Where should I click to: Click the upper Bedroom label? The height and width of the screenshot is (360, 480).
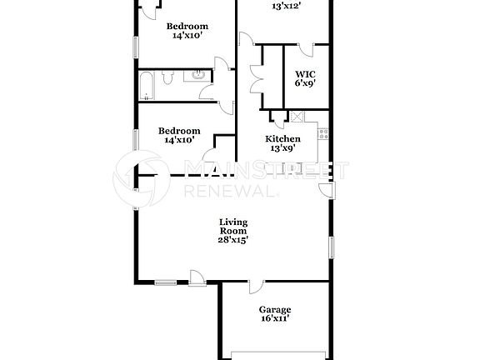189,26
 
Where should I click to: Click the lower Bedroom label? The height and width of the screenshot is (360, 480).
180,131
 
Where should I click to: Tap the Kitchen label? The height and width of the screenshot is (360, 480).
282,138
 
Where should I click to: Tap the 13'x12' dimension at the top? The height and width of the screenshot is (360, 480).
287,6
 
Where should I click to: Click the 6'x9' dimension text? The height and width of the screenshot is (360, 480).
304,83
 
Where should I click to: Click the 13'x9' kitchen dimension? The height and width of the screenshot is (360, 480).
282,148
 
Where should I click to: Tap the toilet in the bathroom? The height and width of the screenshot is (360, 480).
167,77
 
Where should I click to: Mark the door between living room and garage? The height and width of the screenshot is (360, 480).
252,287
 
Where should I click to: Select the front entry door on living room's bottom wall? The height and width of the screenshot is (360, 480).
198,277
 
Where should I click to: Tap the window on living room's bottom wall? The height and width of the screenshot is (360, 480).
165,282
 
